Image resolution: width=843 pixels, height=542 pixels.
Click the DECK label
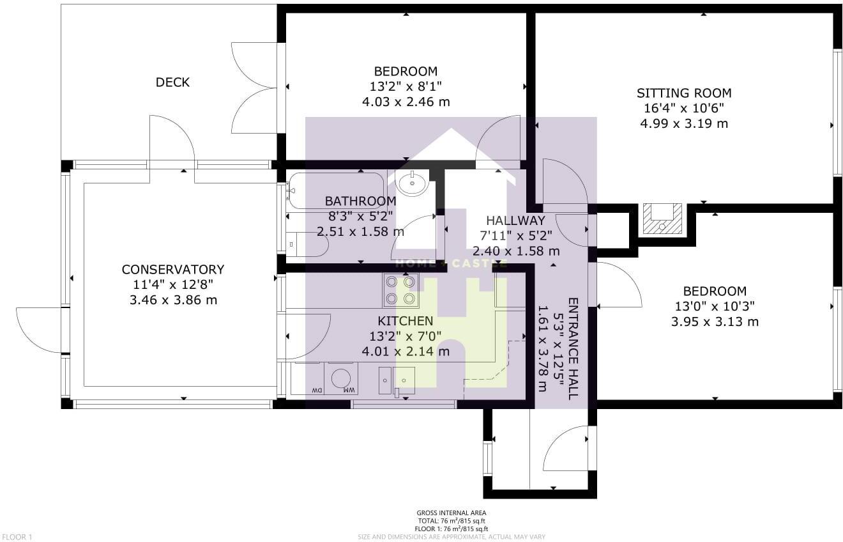(x=172, y=82)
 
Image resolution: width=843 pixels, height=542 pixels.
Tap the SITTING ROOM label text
(x=684, y=93)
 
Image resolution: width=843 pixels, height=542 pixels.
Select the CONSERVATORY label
(x=173, y=270)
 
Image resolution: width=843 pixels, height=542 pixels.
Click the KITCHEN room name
(x=405, y=321)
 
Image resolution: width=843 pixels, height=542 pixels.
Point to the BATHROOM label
(x=360, y=201)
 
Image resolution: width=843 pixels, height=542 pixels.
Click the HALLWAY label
(x=515, y=221)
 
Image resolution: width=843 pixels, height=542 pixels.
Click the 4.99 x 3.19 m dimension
(x=684, y=124)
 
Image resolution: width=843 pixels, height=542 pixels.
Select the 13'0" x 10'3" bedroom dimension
(x=715, y=307)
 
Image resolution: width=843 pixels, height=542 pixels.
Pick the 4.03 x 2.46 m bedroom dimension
(x=406, y=102)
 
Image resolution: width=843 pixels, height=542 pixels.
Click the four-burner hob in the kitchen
(x=400, y=290)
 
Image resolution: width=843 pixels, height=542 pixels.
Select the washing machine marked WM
(x=341, y=378)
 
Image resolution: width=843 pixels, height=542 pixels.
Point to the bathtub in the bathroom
(x=335, y=190)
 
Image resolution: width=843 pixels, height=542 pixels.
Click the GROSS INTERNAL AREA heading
(x=452, y=513)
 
